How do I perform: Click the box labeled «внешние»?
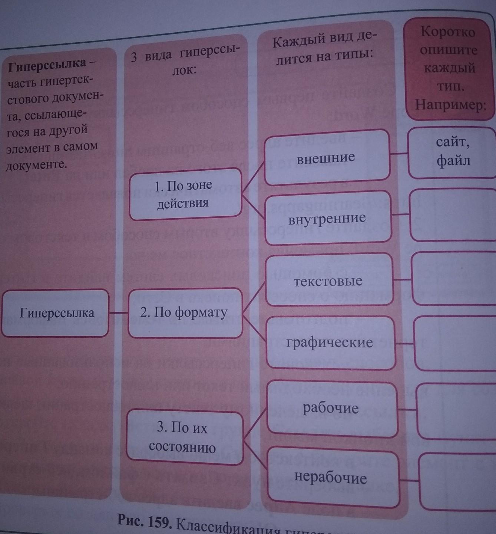tap(326, 158)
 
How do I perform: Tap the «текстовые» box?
tap(328, 281)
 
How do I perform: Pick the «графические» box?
tap(330, 342)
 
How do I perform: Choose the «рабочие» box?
tap(331, 408)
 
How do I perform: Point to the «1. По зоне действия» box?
tap(184, 194)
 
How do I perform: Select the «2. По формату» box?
tap(184, 312)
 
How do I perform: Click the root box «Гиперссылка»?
tap(57, 313)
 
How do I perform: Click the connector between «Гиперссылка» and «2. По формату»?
tap(118, 313)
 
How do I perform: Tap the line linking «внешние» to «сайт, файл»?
tap(399, 153)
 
